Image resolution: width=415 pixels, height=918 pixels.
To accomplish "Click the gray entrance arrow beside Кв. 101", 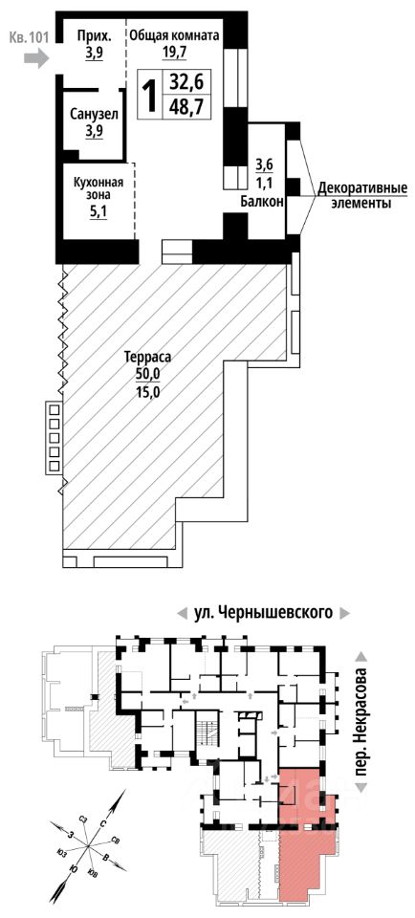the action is click(36, 58).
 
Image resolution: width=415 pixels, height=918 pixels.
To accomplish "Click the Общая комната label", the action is click(174, 35).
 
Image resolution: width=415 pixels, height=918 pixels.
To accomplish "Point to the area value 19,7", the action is click(174, 51).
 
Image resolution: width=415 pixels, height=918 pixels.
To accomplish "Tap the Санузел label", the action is click(94, 114).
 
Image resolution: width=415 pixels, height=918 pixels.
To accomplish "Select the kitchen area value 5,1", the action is click(93, 213).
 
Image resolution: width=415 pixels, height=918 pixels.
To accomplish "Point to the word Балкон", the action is click(262, 202).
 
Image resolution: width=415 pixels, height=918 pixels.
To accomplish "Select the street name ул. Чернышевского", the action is click(263, 613).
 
